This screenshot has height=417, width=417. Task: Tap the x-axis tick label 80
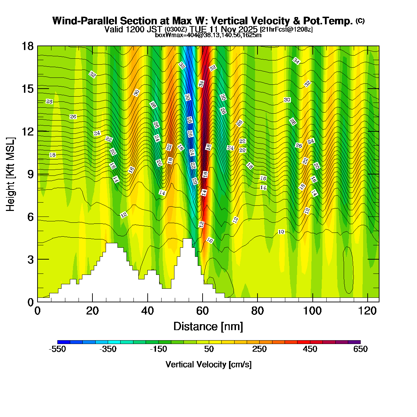[257, 310]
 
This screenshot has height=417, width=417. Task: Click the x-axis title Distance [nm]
[208, 327]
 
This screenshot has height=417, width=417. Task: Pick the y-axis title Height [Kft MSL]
[11, 174]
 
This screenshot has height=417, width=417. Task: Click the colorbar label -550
[57, 349]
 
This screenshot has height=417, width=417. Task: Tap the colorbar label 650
[360, 349]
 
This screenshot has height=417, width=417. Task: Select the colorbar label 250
[260, 349]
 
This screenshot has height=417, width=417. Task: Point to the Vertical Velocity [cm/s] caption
[208, 365]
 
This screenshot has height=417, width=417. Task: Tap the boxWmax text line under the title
[208, 35]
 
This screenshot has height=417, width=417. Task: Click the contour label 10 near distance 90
[281, 232]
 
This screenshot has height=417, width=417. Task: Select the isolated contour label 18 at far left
[52, 155]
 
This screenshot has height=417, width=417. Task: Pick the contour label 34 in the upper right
[296, 61]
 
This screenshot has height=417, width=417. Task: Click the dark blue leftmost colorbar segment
[64, 342]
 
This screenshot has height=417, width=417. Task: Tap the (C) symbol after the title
[360, 21]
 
